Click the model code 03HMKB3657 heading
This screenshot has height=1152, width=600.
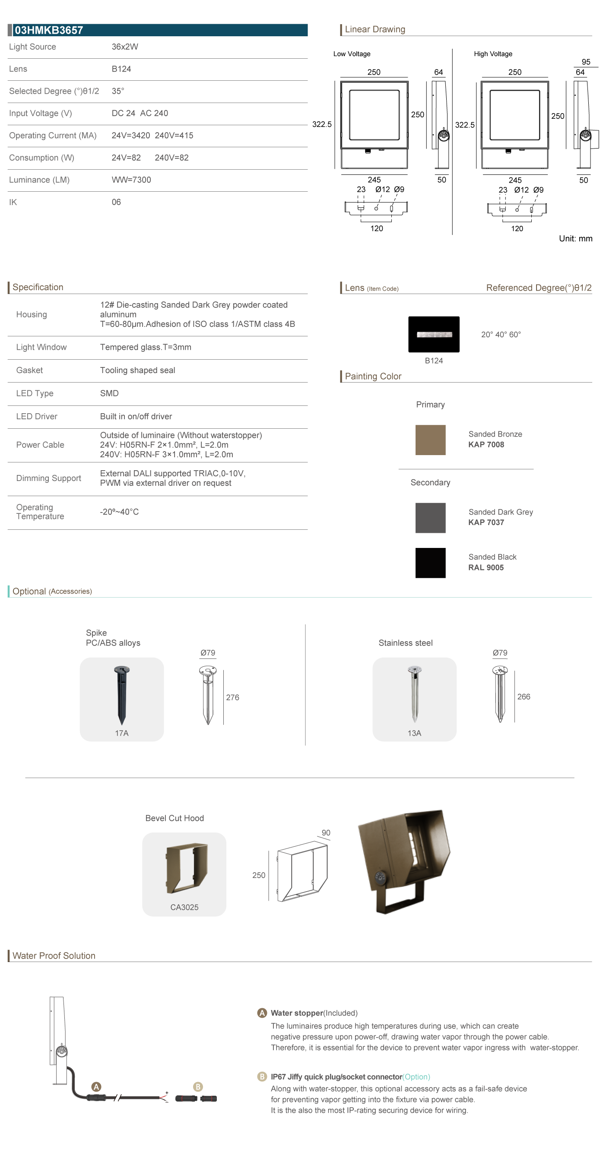[49, 30]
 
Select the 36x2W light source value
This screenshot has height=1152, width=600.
[125, 47]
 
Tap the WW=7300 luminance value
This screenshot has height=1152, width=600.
[131, 180]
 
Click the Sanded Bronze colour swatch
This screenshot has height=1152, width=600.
[430, 440]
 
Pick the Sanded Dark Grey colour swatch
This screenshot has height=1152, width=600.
[430, 517]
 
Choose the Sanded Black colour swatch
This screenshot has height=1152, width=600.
[430, 563]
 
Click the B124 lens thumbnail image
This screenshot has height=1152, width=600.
[434, 334]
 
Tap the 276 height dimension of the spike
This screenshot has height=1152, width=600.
[232, 697]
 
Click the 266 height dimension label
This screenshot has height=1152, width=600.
[524, 696]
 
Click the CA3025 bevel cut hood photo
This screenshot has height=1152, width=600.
[187, 867]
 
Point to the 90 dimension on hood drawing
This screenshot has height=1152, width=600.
[326, 832]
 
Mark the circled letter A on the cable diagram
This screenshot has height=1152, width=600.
[96, 1086]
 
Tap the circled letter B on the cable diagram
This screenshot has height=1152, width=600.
[198, 1086]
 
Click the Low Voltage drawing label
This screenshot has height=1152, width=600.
[352, 54]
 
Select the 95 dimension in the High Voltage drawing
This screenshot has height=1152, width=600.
[586, 62]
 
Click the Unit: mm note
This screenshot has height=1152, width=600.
[575, 238]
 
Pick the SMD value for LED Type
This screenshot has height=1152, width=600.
[109, 393]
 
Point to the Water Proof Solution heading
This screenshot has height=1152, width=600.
[54, 956]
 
